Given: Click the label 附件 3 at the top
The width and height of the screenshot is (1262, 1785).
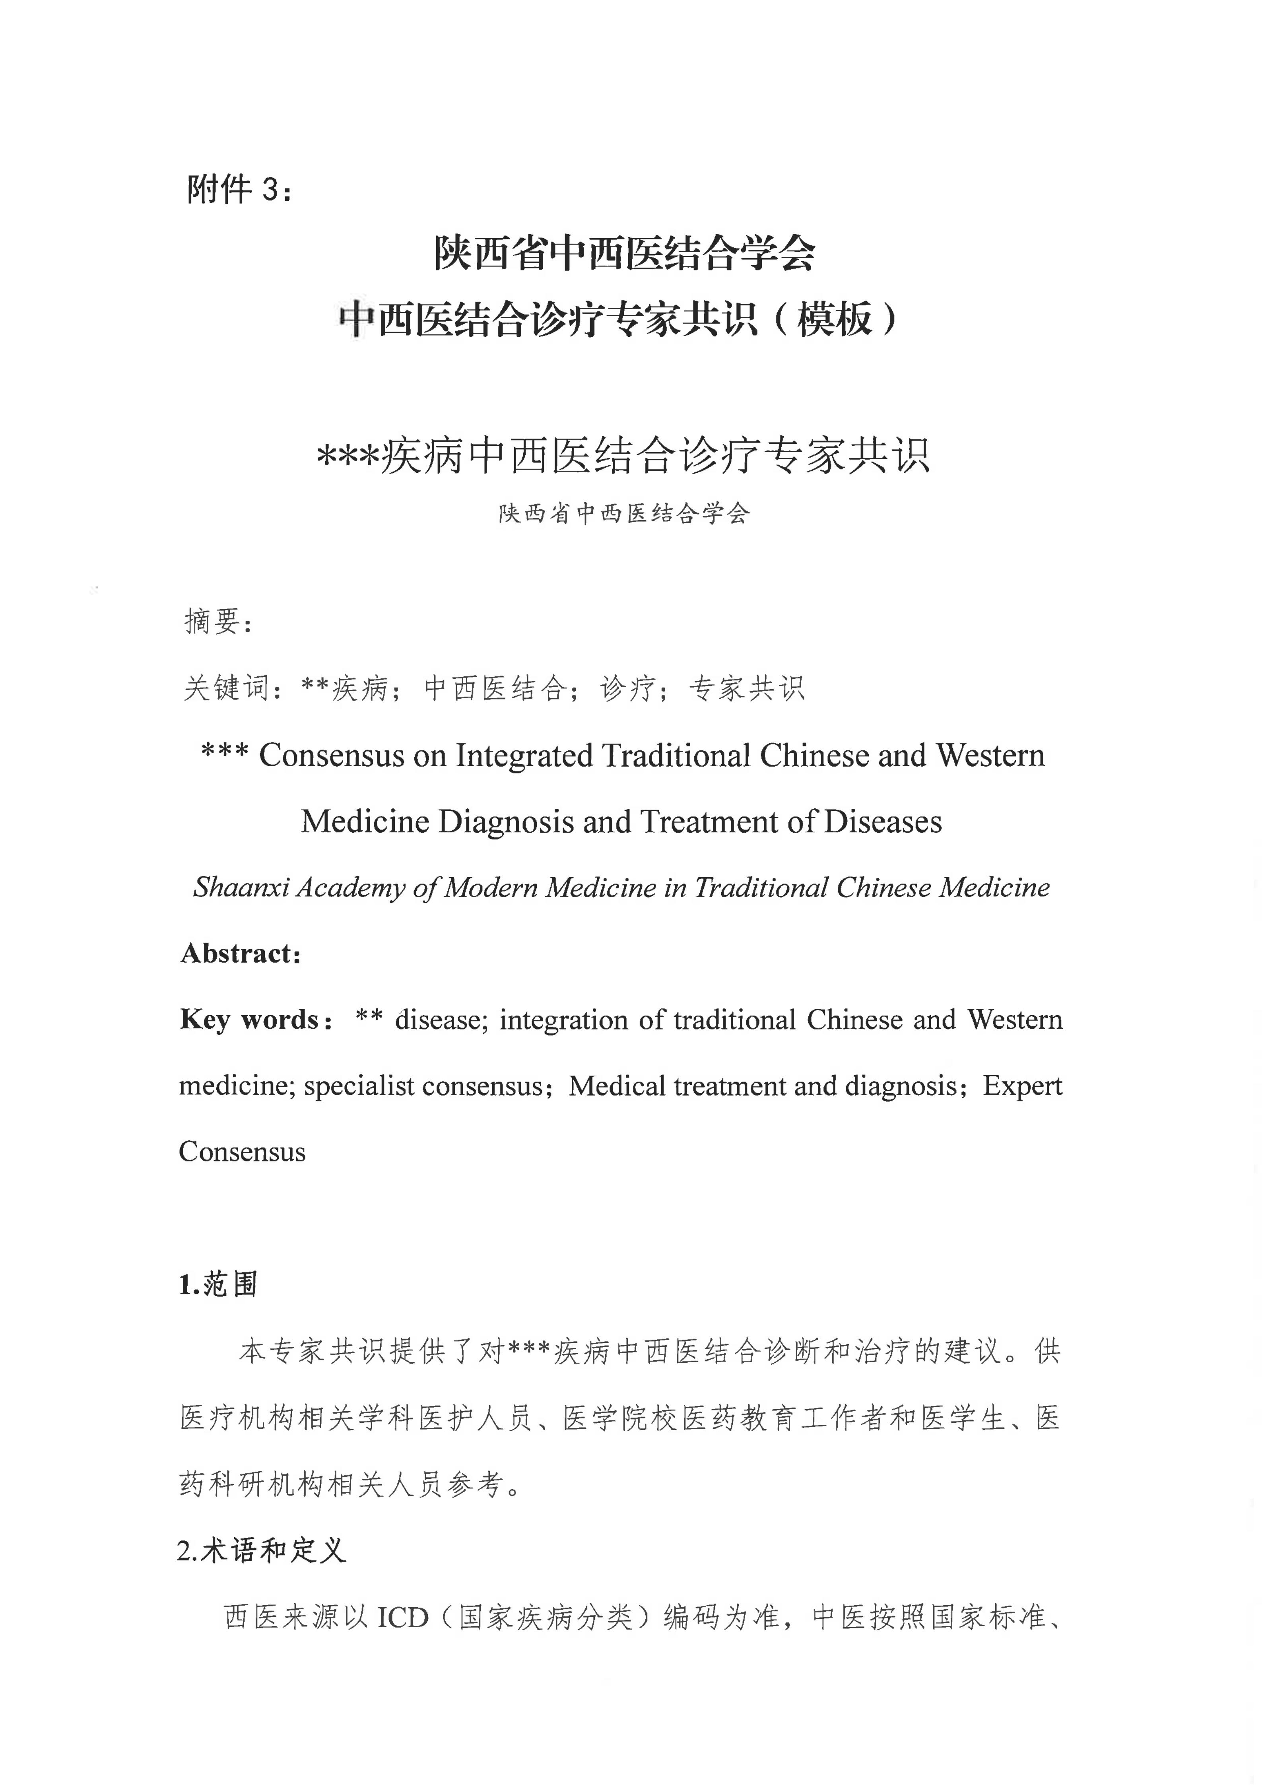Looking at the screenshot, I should pos(239,189).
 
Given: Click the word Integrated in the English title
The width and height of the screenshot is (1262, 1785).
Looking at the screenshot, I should pos(524,756).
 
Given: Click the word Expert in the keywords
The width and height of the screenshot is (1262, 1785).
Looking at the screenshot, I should pos(1022,1085).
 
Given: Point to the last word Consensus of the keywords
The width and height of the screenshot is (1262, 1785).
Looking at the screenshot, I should pos(242,1152).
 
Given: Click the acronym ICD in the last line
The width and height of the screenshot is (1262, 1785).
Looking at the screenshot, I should pos(403,1618).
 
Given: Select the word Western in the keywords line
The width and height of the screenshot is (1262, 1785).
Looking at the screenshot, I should pos(1014,1019).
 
